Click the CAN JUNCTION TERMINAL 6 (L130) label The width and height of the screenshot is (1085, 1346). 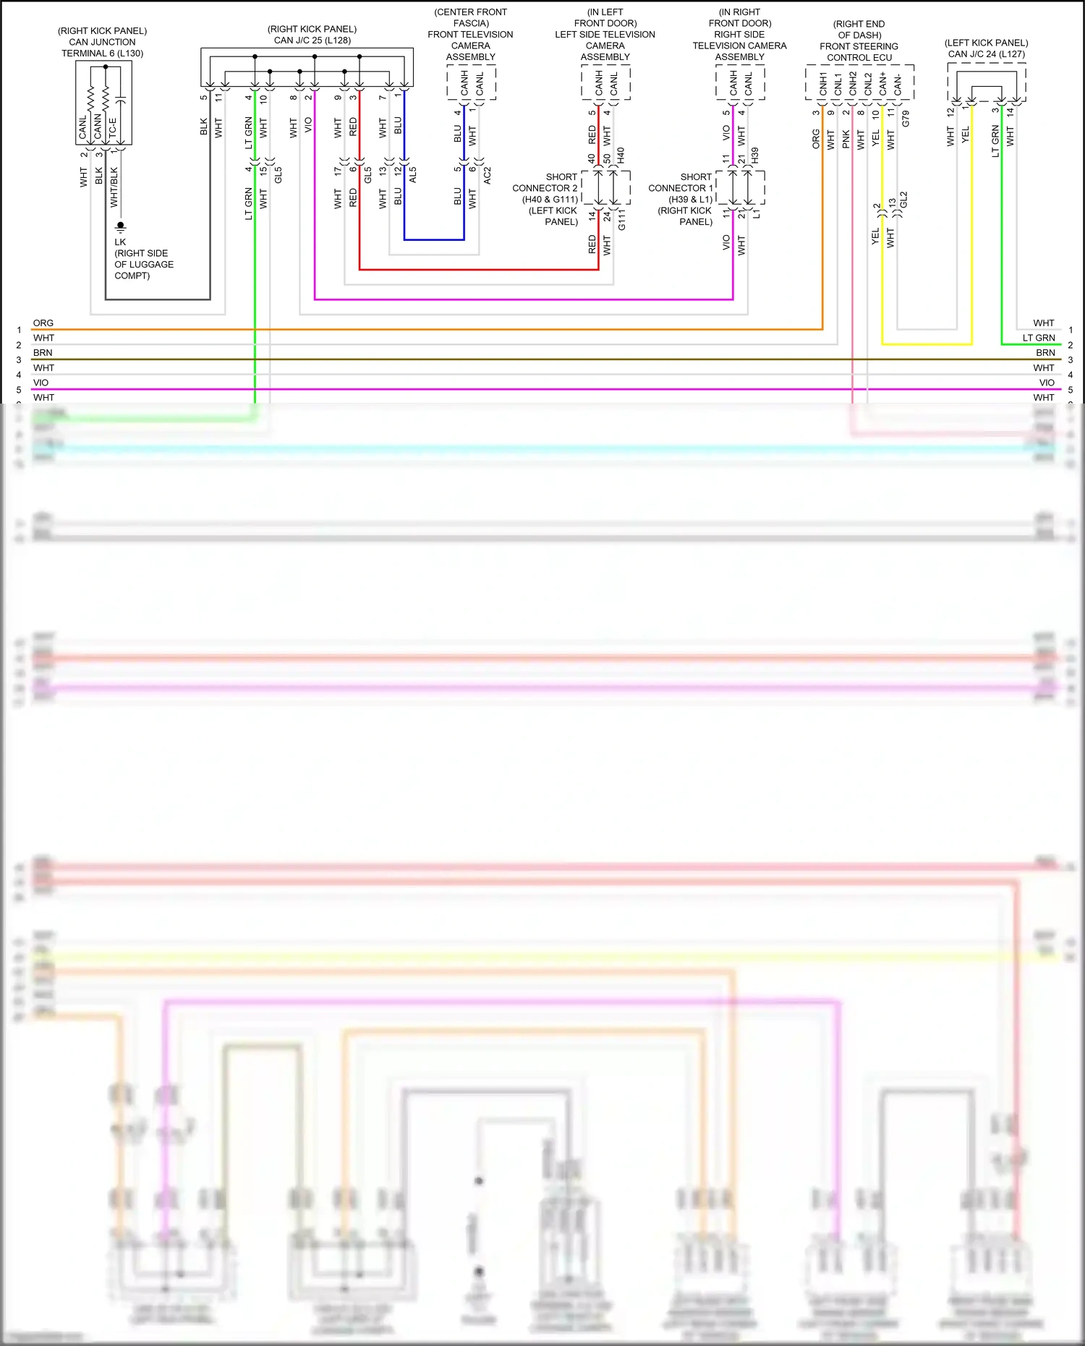[x=102, y=48]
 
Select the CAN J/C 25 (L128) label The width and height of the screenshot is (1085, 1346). [x=312, y=41]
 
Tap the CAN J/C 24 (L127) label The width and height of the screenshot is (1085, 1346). [x=986, y=54]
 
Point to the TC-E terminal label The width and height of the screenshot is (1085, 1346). [x=112, y=128]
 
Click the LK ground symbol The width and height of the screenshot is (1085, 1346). [x=121, y=227]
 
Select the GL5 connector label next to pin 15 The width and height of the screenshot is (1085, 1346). [x=278, y=174]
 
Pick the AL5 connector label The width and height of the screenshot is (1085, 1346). [x=413, y=174]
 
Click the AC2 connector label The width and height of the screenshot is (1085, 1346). [x=487, y=174]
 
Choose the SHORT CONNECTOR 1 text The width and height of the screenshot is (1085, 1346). [x=681, y=182]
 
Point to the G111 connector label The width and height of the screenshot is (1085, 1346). [x=621, y=220]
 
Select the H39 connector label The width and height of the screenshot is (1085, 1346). [x=754, y=155]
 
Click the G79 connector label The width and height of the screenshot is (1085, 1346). [x=906, y=119]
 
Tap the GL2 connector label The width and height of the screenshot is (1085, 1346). [x=903, y=200]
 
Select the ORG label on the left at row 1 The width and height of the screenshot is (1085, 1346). [x=43, y=323]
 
